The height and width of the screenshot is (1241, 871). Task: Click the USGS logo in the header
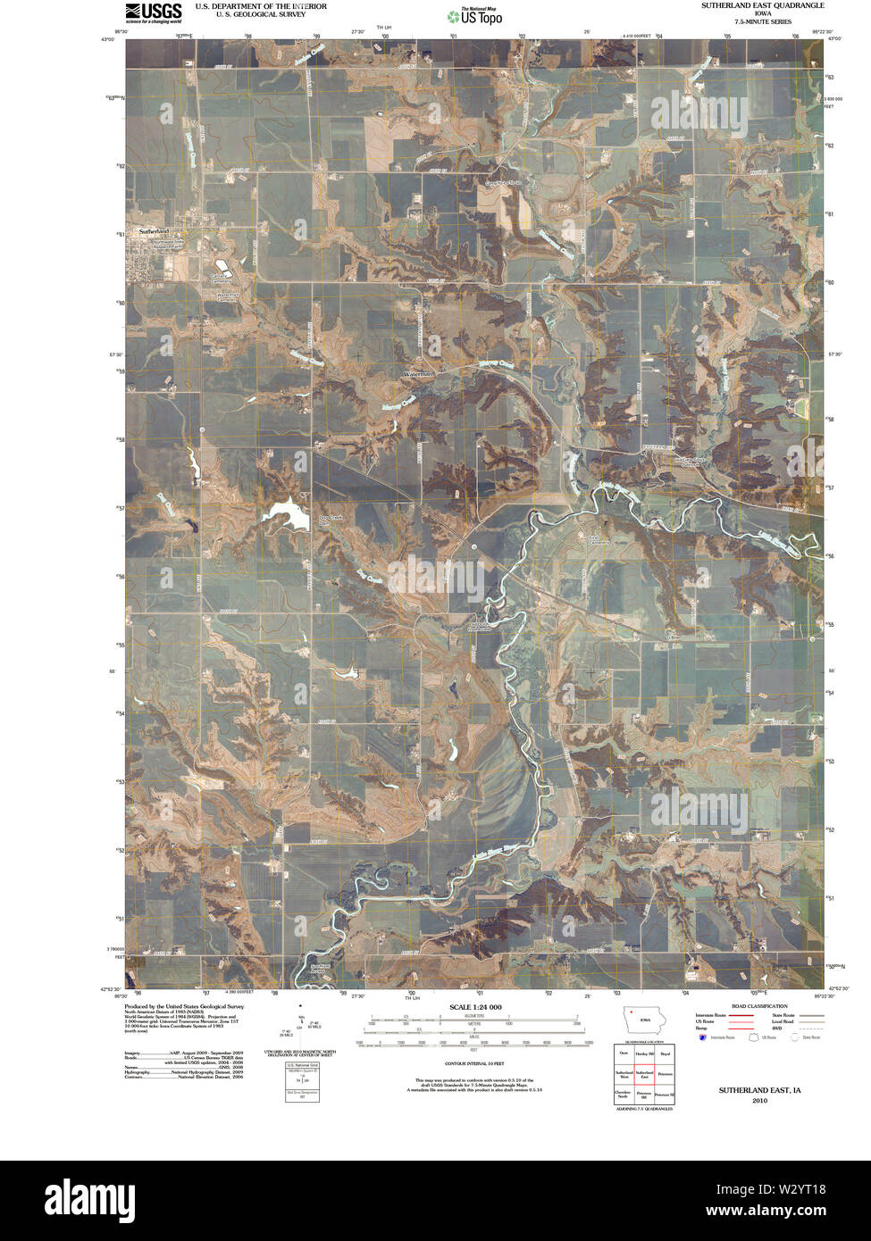coord(153,12)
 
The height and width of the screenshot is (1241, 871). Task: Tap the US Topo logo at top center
coord(480,15)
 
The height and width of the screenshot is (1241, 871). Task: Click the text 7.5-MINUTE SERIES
coord(762,21)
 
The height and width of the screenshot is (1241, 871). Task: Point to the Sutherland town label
coord(153,231)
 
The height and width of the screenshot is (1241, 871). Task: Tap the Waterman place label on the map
coord(417,374)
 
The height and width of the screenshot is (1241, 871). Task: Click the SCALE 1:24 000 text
coord(475,1007)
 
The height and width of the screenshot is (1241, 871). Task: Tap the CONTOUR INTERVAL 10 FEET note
coord(475,1063)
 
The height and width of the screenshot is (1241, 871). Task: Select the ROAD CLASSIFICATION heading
coord(759,1006)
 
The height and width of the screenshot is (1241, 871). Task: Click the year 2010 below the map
coord(759,1101)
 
